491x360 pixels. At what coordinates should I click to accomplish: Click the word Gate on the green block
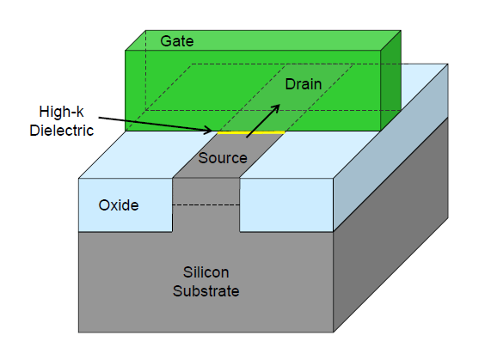click(x=177, y=41)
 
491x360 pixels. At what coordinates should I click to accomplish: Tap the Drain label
click(x=304, y=84)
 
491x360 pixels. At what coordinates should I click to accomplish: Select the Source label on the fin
click(x=223, y=158)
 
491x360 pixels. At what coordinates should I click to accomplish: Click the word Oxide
click(x=119, y=205)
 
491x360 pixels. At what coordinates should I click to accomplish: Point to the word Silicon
click(x=206, y=272)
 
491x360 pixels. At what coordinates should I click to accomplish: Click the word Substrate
click(x=206, y=291)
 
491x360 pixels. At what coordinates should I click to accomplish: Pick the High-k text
click(x=61, y=112)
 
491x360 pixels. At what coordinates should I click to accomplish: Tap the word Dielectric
click(x=61, y=131)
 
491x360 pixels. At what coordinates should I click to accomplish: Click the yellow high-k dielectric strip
click(x=251, y=132)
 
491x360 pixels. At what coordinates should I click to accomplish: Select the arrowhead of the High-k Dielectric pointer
click(x=209, y=131)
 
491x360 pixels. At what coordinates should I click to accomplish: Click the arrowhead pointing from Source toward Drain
click(x=275, y=108)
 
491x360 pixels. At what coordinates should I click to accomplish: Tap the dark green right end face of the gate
click(x=390, y=81)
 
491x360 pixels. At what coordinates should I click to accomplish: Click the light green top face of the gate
click(x=263, y=40)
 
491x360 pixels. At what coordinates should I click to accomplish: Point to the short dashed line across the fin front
click(x=206, y=205)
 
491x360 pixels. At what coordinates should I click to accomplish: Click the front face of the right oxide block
click(x=286, y=205)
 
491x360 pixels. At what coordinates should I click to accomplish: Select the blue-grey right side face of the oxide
click(x=390, y=147)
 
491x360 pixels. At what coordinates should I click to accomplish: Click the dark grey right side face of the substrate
click(x=390, y=225)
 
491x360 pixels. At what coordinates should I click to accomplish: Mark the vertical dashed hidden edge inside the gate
click(x=145, y=70)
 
